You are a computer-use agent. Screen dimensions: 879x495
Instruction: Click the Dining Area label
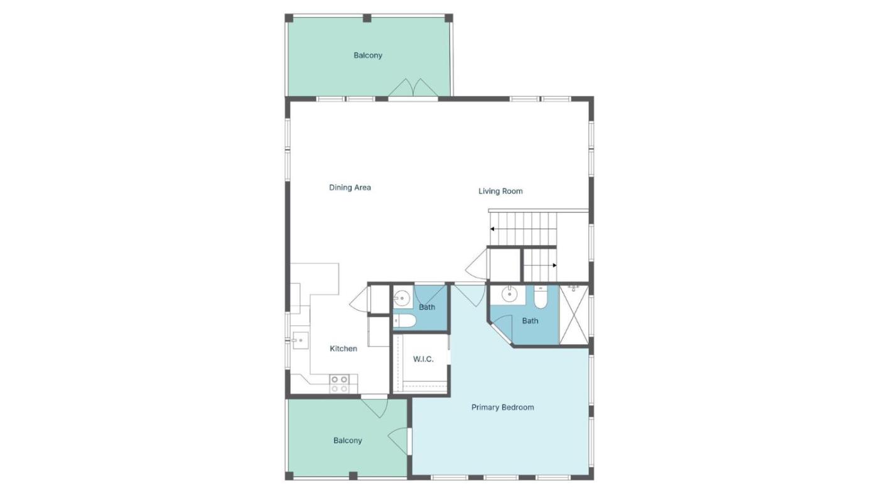coord(350,188)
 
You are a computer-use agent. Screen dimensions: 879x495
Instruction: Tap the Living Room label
coord(500,191)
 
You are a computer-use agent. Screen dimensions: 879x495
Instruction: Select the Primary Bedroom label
coord(502,408)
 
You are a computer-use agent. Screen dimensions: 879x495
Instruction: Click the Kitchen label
coord(343,349)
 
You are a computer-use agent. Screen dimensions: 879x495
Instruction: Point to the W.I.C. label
coord(423,359)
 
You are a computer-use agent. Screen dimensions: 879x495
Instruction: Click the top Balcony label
coord(368,55)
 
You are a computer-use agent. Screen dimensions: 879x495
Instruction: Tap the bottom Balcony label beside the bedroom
coord(348,440)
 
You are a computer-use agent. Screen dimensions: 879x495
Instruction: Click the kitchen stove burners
coord(340,384)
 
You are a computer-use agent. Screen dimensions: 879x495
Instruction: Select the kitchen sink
coord(301,340)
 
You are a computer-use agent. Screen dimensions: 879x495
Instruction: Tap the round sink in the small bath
coord(401,298)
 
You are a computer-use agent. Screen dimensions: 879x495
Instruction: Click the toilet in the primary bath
coord(541,297)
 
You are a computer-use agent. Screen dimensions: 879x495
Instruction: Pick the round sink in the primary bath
coord(510,294)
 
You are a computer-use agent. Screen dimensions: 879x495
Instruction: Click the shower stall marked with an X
coord(574,315)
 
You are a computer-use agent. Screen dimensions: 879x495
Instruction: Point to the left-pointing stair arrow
coord(523,229)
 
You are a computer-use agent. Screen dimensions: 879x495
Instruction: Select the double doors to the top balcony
coord(413,87)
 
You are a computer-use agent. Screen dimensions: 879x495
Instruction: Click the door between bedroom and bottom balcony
coord(398,441)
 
